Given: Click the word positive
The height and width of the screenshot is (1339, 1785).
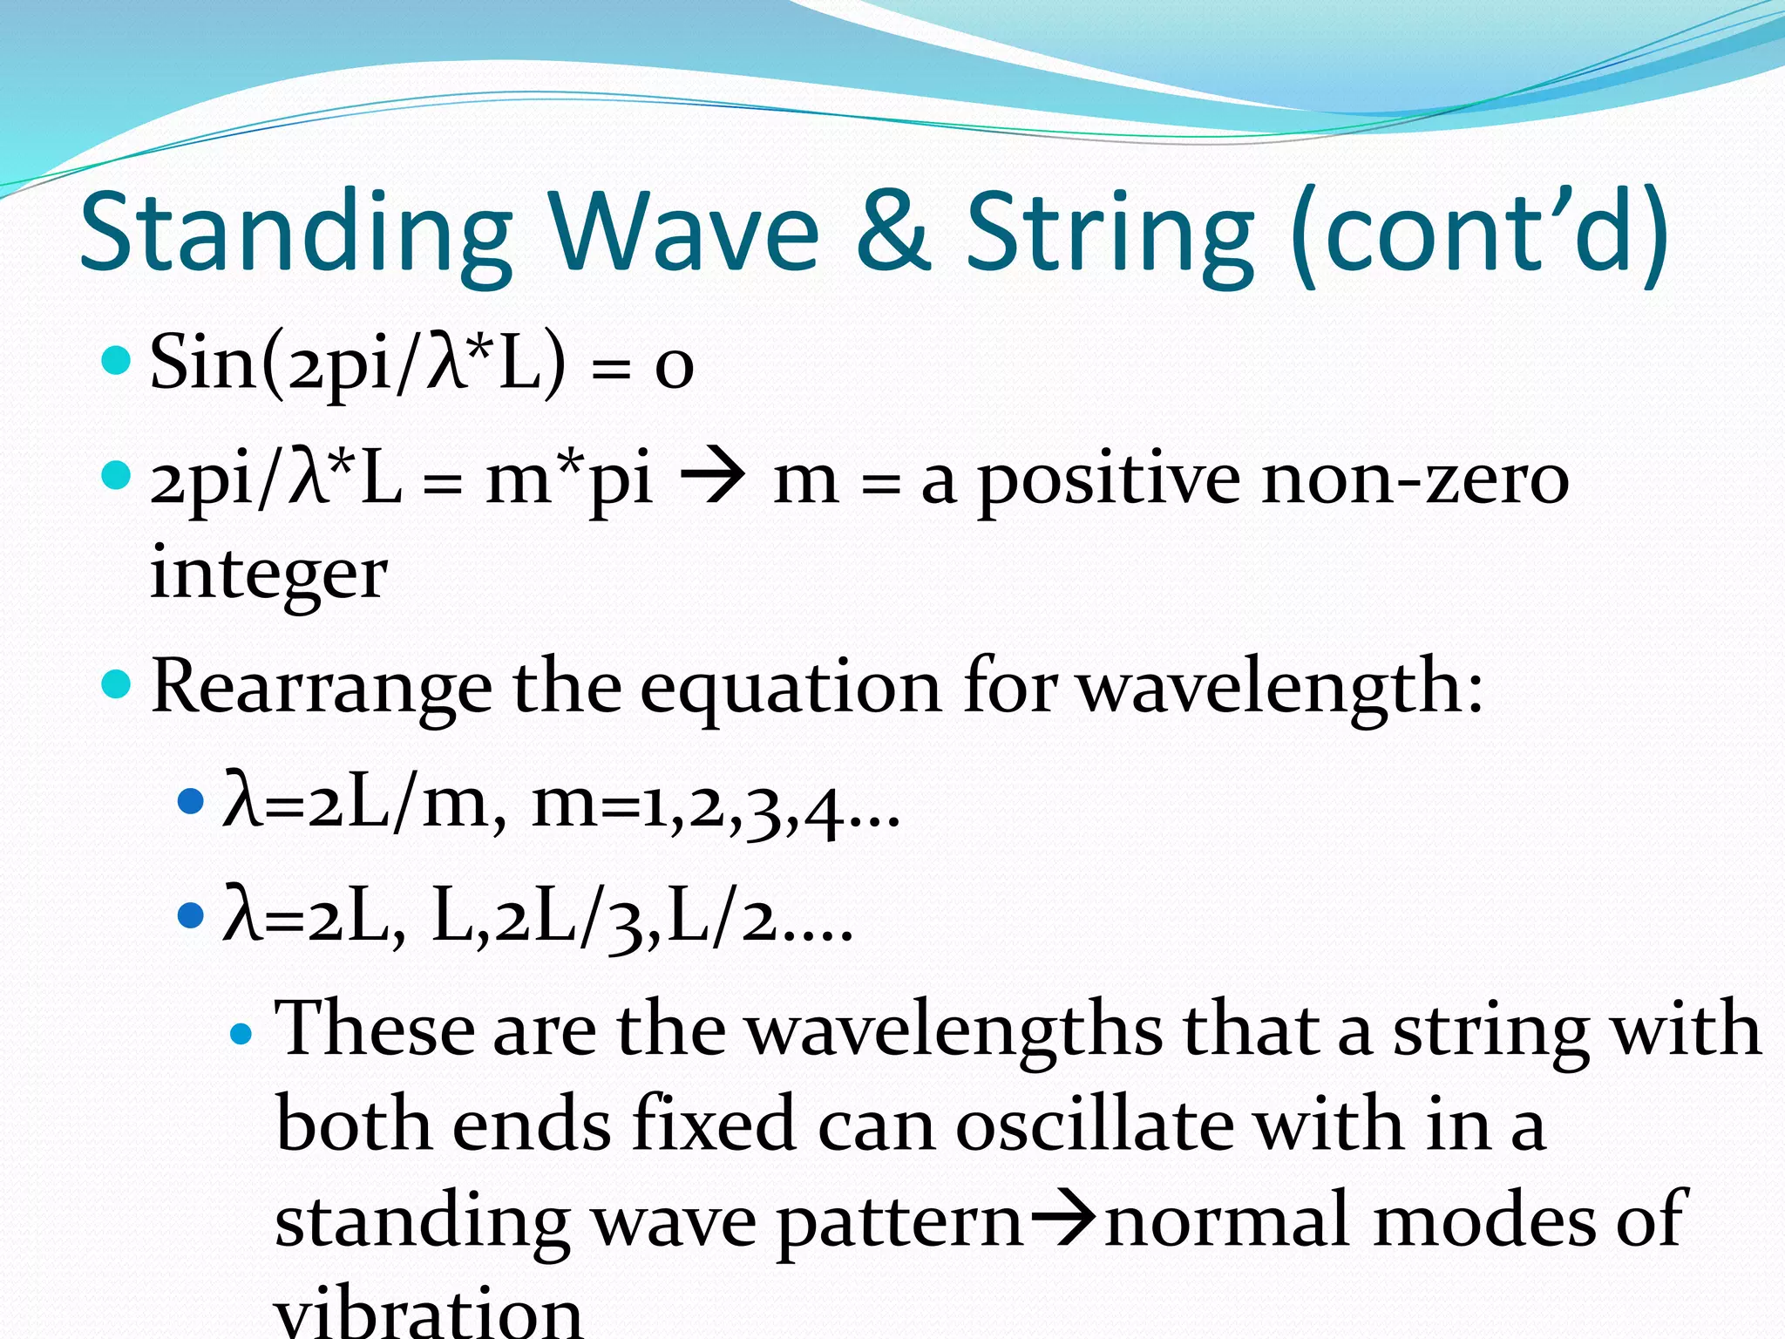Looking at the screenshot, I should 1109,480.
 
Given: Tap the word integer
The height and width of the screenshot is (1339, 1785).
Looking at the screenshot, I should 268,576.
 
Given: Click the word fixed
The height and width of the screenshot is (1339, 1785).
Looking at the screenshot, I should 713,1125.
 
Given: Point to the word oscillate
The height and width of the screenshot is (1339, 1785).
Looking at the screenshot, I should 1094,1125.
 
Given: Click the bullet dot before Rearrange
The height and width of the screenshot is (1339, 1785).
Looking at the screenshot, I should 116,684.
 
